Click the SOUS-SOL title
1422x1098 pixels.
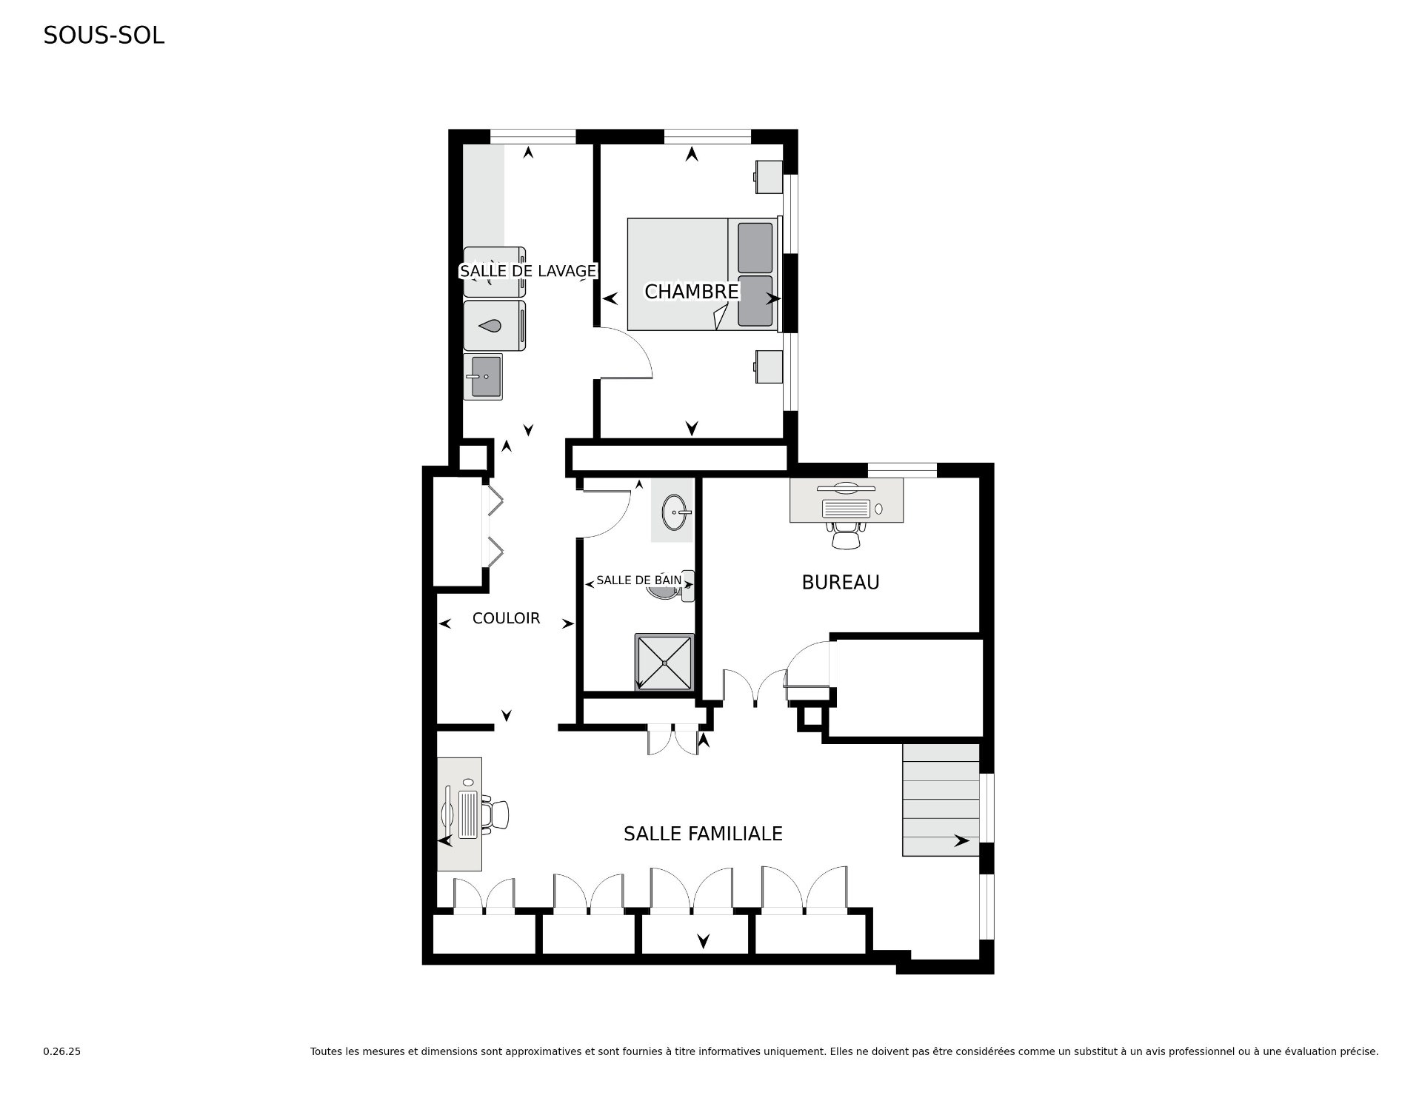click(x=104, y=36)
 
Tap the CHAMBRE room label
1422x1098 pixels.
click(x=692, y=292)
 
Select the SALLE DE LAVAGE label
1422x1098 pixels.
click(x=528, y=271)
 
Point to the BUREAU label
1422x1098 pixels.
click(x=841, y=583)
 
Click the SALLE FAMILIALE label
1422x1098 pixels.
click(x=703, y=834)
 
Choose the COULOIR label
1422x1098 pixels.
click(x=506, y=618)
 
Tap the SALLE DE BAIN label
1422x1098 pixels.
click(x=638, y=580)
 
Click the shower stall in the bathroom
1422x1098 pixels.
click(x=664, y=662)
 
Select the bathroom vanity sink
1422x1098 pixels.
click(x=676, y=511)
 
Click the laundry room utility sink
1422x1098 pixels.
click(x=483, y=376)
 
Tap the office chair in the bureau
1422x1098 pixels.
click(x=847, y=535)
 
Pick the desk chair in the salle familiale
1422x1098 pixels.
click(x=497, y=815)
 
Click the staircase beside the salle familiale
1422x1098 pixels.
click(x=941, y=800)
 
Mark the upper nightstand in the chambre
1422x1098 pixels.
click(x=768, y=178)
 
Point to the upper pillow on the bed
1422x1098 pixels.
click(x=755, y=247)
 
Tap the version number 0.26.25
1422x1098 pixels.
click(x=61, y=1051)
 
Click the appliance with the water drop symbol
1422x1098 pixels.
click(x=495, y=325)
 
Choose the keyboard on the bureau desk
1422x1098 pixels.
click(x=846, y=509)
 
